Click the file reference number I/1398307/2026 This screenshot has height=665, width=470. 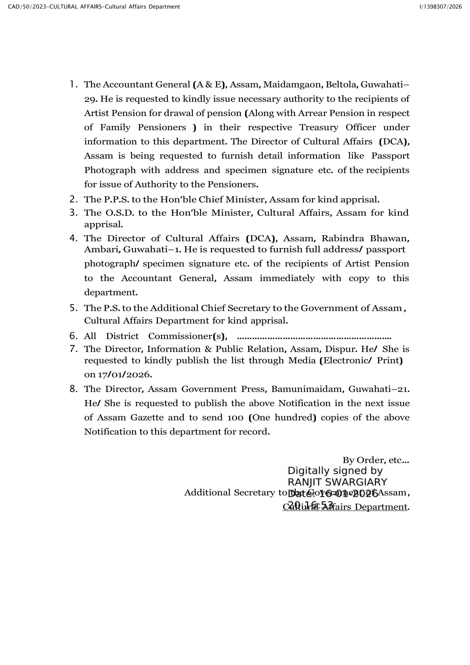[x=440, y=7]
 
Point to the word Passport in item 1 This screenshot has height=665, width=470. [x=390, y=156]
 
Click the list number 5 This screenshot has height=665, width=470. [x=73, y=308]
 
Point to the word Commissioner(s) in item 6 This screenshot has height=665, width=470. [x=188, y=336]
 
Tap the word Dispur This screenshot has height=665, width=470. [x=341, y=349]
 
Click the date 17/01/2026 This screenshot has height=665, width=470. [x=125, y=375]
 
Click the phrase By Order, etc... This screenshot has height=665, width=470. [x=375, y=460]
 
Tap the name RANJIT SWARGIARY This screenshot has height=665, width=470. [x=337, y=482]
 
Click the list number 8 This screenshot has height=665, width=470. [x=73, y=389]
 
